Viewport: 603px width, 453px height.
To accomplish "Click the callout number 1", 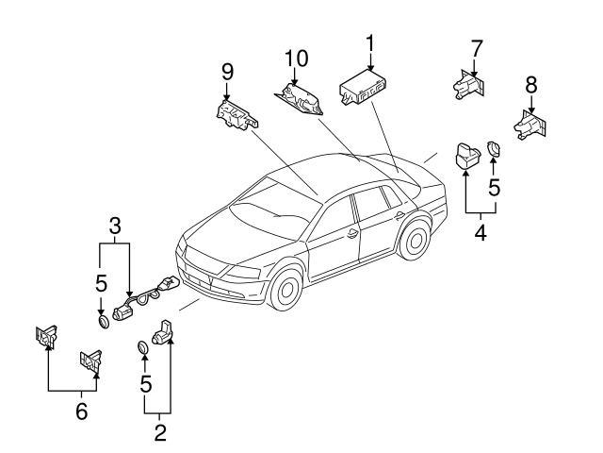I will tap(369, 43).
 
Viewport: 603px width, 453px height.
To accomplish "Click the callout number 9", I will tap(227, 72).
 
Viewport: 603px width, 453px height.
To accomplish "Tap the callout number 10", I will tap(296, 59).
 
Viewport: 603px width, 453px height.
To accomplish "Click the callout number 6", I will tap(81, 411).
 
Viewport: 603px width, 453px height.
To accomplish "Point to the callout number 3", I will tap(113, 226).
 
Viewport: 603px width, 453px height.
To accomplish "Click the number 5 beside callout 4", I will tap(494, 188).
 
